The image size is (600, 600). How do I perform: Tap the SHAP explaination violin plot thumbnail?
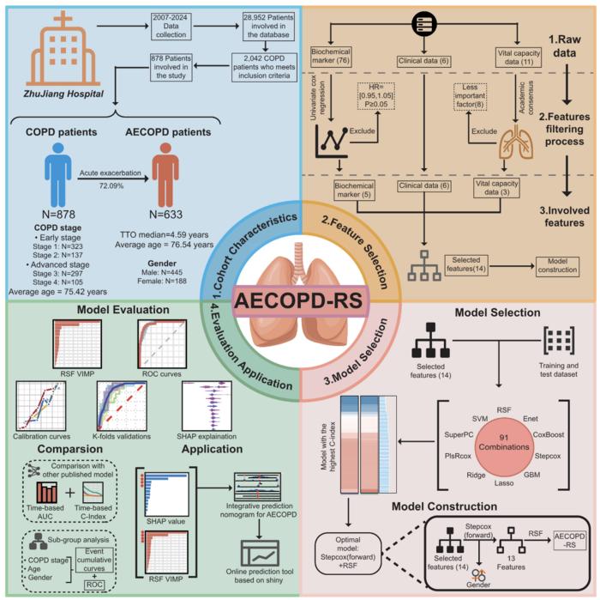pos(209,401)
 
